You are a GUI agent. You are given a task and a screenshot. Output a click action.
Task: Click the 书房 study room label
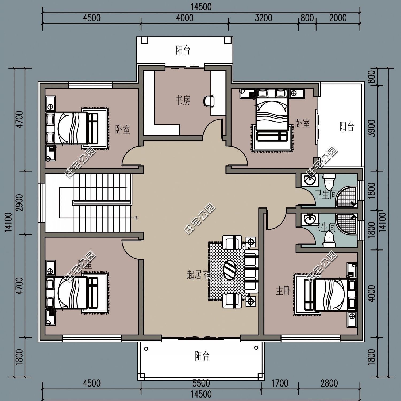[183, 101]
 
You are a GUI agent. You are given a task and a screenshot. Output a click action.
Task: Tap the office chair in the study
[209, 101]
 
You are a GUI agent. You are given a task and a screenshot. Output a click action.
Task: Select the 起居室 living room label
[198, 275]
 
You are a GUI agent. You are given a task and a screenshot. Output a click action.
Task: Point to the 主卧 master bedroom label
[283, 291]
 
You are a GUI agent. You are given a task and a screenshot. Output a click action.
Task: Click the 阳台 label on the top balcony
[183, 50]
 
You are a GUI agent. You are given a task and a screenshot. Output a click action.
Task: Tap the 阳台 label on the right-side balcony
[347, 126]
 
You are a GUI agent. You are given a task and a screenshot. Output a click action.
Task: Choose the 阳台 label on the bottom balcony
[202, 356]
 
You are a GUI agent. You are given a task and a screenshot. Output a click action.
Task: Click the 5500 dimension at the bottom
[201, 383]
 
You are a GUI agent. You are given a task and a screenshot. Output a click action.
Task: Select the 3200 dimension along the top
[263, 18]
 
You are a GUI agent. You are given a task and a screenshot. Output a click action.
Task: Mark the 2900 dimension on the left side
[20, 203]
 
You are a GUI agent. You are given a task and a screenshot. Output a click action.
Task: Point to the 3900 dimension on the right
[372, 128]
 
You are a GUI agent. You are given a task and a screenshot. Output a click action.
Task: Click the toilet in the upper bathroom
[328, 182]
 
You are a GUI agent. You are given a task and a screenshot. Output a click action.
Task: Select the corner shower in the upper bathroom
[347, 197]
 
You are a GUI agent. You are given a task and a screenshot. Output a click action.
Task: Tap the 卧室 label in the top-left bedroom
[122, 130]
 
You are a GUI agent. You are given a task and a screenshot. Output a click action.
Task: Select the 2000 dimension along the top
[338, 18]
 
